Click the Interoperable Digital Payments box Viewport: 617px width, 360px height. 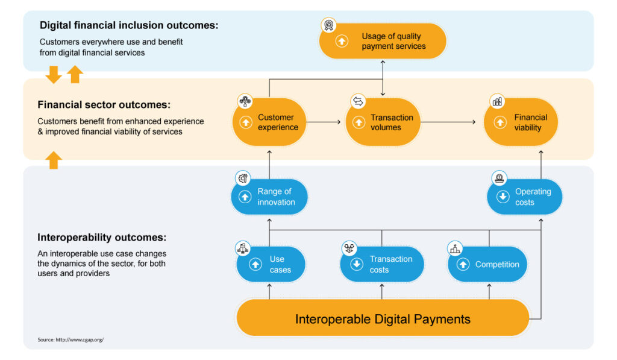pos(383,318)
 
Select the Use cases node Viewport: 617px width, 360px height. pos(269,264)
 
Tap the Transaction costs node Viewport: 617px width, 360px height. pos(382,264)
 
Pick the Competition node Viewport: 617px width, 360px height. pos(487,264)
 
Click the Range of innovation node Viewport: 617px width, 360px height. pos(269,197)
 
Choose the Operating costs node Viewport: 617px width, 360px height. pos(524,197)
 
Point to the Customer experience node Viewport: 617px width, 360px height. pos(269,122)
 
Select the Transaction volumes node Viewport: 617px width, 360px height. pos(382,122)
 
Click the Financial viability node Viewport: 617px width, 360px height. pos(521,122)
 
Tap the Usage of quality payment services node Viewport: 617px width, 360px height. pos(383,41)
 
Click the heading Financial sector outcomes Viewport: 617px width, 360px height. pos(104,105)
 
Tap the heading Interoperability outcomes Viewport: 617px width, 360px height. pos(102,237)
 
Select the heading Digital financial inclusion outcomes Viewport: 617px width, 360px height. pos(129,25)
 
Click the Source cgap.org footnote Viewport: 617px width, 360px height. pos(70,339)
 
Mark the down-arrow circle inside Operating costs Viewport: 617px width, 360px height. pos(503,197)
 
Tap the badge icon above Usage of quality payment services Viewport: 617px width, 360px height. pos(328,25)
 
